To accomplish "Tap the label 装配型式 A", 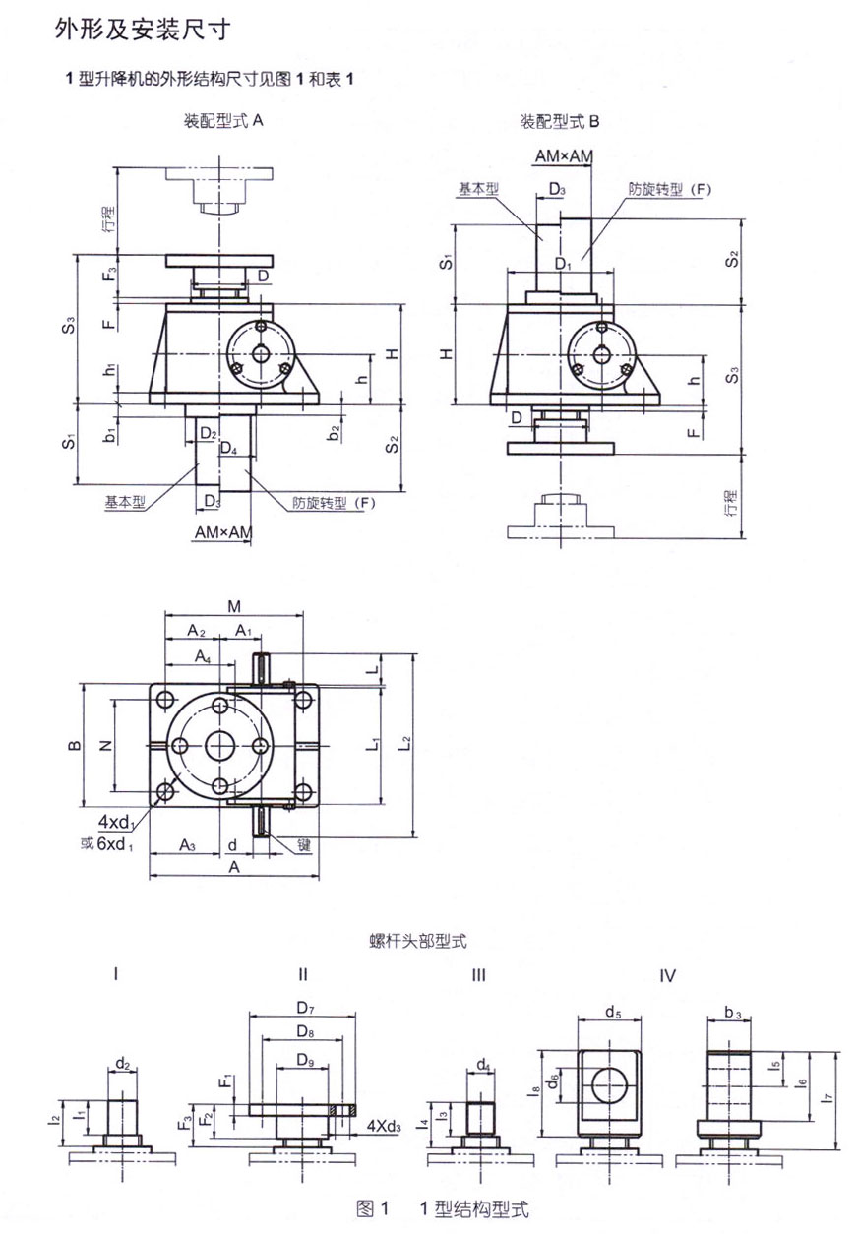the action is coord(223,120).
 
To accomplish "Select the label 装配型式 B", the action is coord(560,121).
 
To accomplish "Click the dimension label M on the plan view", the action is coord(234,606).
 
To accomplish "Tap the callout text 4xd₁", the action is coord(116,823).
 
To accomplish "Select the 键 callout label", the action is coord(305,844).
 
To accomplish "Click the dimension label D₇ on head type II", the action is coord(306,1008).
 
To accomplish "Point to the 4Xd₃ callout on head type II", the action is coord(384,1126).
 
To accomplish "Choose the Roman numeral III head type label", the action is coord(479,975).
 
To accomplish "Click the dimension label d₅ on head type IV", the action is coord(613,1012).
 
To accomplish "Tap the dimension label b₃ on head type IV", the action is coord(733,1012).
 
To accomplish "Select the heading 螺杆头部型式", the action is coord(418,941).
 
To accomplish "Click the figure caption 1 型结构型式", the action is coord(473,1208).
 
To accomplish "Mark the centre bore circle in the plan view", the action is coord(220,746).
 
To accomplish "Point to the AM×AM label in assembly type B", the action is coord(564,156).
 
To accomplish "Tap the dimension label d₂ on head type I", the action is coord(123,1063).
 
